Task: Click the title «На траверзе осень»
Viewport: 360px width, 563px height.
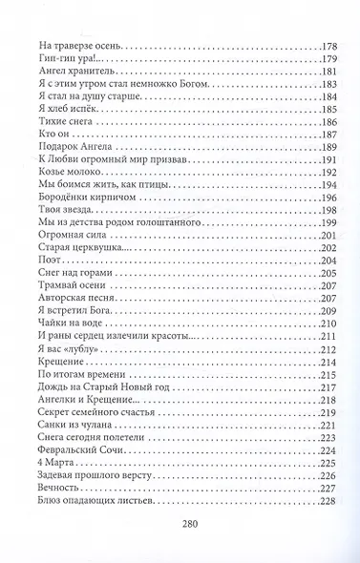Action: (x=77, y=46)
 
